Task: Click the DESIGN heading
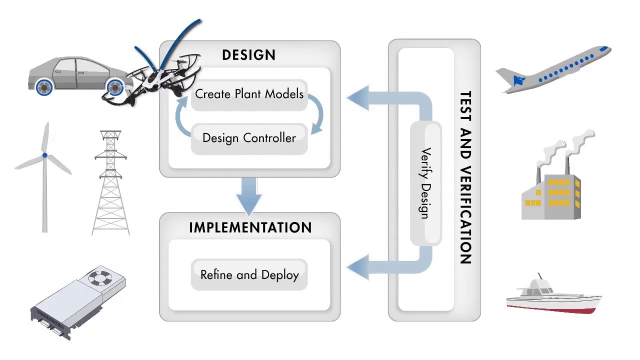click(248, 55)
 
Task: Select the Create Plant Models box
click(249, 94)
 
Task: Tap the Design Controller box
click(249, 138)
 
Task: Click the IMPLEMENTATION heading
click(250, 228)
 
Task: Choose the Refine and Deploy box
click(249, 274)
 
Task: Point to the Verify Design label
click(425, 183)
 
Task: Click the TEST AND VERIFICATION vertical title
click(465, 177)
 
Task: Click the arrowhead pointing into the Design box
click(357, 97)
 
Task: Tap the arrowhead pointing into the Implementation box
click(357, 266)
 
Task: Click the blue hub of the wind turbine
click(45, 155)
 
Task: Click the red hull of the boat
click(555, 308)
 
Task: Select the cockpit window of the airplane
click(603, 49)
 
